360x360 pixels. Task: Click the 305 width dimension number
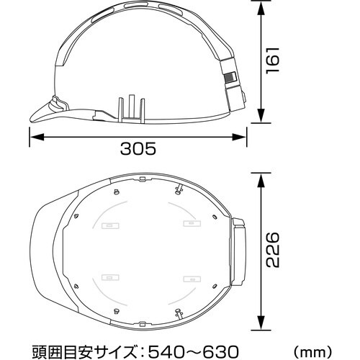point(137,149)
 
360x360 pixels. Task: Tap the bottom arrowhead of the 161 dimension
point(261,114)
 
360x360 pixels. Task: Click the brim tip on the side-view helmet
point(32,115)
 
